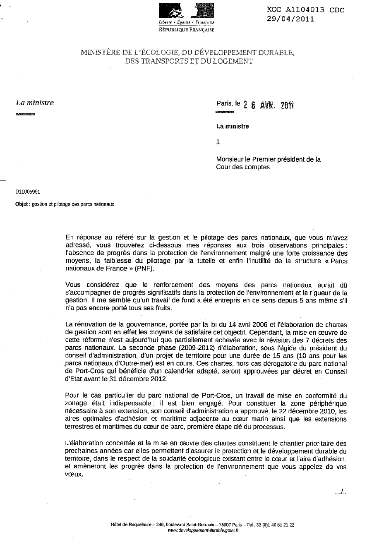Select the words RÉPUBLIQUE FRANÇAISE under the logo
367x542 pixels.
point(187,30)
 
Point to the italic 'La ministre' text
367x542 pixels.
point(35,103)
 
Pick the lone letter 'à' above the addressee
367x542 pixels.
point(218,142)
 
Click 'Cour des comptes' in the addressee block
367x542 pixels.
point(242,167)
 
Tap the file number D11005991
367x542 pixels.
point(28,192)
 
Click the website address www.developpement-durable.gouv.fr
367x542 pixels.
point(203,530)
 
